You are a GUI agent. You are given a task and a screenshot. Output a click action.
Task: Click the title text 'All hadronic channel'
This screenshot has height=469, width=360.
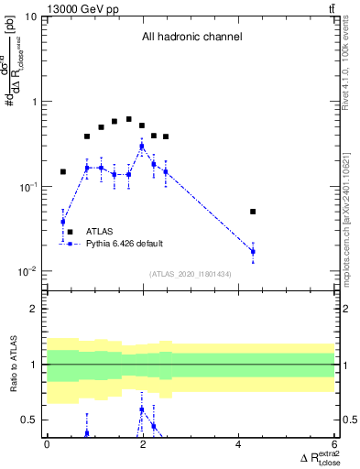click(x=191, y=38)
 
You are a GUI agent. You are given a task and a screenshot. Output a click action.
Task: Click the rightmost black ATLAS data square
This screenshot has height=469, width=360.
click(x=253, y=212)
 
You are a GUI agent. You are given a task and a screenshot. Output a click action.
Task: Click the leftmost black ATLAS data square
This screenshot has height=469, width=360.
click(x=63, y=171)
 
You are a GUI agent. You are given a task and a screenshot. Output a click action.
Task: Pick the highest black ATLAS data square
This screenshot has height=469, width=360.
click(x=129, y=119)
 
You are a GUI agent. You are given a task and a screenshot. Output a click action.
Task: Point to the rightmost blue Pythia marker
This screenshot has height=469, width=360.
click(x=253, y=251)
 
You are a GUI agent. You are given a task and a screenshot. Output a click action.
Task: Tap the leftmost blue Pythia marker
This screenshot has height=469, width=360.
click(x=63, y=222)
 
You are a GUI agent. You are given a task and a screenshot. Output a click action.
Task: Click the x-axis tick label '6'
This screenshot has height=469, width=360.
click(x=335, y=444)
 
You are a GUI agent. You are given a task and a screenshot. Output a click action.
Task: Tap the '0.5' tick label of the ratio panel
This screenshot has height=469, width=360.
click(x=28, y=420)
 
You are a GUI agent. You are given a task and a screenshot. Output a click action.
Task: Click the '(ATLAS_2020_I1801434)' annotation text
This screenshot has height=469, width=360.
click(x=191, y=274)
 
